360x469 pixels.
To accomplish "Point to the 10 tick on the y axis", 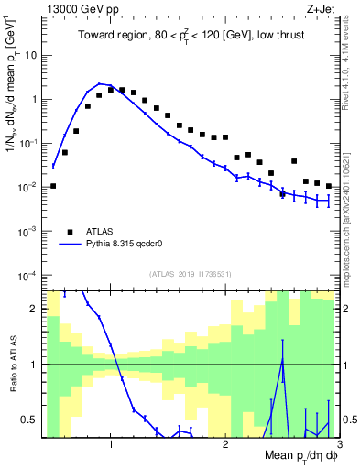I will coord(30,55).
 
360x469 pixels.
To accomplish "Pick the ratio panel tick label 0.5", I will coord(29,420).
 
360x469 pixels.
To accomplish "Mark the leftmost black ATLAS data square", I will coord(53,186).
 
